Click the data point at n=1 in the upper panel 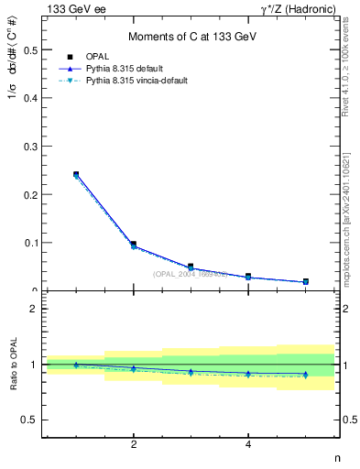(x=76, y=174)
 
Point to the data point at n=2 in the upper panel (x=134, y=245)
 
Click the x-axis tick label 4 (x=248, y=446)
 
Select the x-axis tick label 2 (x=134, y=446)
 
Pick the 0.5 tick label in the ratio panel (x=30, y=420)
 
